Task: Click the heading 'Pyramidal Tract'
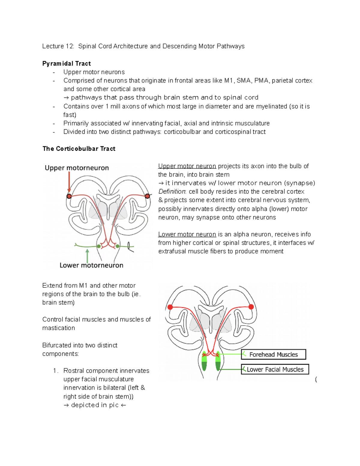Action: (x=66, y=64)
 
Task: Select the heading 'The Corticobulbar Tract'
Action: (x=79, y=149)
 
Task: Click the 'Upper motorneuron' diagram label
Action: (x=77, y=168)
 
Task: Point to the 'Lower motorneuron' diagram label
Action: (x=91, y=265)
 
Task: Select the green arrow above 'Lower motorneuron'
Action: (x=87, y=255)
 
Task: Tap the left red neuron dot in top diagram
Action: (x=69, y=196)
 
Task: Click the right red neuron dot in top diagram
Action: (x=147, y=196)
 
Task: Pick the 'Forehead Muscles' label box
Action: (x=273, y=354)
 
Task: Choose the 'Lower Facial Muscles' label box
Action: (x=275, y=369)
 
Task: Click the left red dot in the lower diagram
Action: (x=170, y=307)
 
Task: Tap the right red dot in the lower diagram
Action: (x=251, y=307)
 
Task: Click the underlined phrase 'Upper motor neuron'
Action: (x=187, y=166)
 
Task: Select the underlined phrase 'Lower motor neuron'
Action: (x=187, y=234)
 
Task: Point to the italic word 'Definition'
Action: (x=172, y=192)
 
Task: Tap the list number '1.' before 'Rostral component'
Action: (x=55, y=371)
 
